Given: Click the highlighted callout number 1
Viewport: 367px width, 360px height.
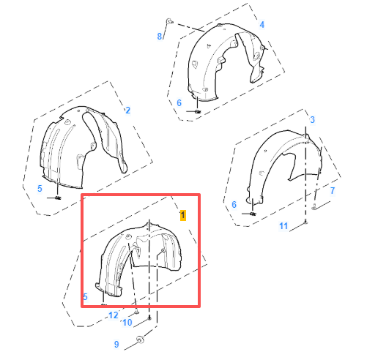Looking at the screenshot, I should [x=183, y=215].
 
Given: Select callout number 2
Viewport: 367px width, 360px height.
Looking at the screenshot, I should [x=127, y=110].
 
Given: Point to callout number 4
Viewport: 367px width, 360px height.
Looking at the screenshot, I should [x=262, y=25].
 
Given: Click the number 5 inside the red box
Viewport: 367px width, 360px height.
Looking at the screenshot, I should [x=86, y=296].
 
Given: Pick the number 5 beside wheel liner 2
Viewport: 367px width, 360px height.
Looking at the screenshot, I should [x=40, y=188].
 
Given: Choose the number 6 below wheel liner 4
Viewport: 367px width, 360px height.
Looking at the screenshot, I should [x=178, y=103].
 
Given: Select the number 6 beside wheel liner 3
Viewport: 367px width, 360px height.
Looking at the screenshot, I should [x=234, y=205].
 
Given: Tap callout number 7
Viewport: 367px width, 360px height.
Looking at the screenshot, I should [x=332, y=190].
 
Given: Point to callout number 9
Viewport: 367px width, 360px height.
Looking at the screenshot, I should [x=116, y=344].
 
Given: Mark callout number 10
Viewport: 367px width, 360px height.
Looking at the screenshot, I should [x=127, y=323].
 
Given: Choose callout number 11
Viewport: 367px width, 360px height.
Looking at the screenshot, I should [x=283, y=226].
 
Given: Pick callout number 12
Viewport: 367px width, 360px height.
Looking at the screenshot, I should [x=113, y=315].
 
